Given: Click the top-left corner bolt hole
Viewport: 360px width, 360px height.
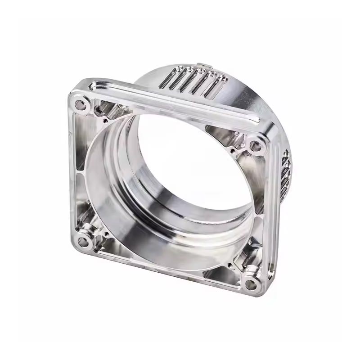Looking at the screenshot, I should [81, 106].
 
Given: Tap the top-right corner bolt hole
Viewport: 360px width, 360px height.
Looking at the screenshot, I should [255, 145].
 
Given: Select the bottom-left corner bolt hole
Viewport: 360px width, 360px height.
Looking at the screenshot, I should [83, 242].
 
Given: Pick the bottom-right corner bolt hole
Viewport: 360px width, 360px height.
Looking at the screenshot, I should [251, 283].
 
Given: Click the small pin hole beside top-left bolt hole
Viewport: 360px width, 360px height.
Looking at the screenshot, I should [104, 120].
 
